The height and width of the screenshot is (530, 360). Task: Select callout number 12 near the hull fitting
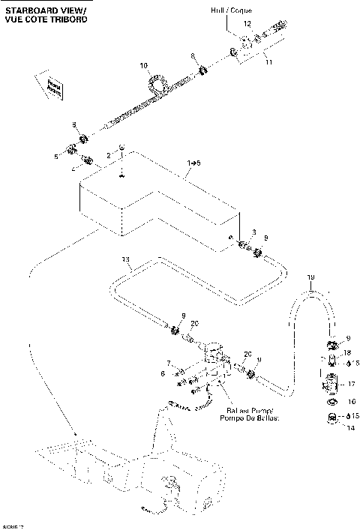(x=247, y=25)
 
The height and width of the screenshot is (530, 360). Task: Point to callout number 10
(x=145, y=66)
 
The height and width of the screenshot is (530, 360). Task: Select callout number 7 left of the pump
(x=169, y=362)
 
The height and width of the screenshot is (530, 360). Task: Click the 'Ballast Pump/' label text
(x=253, y=412)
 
